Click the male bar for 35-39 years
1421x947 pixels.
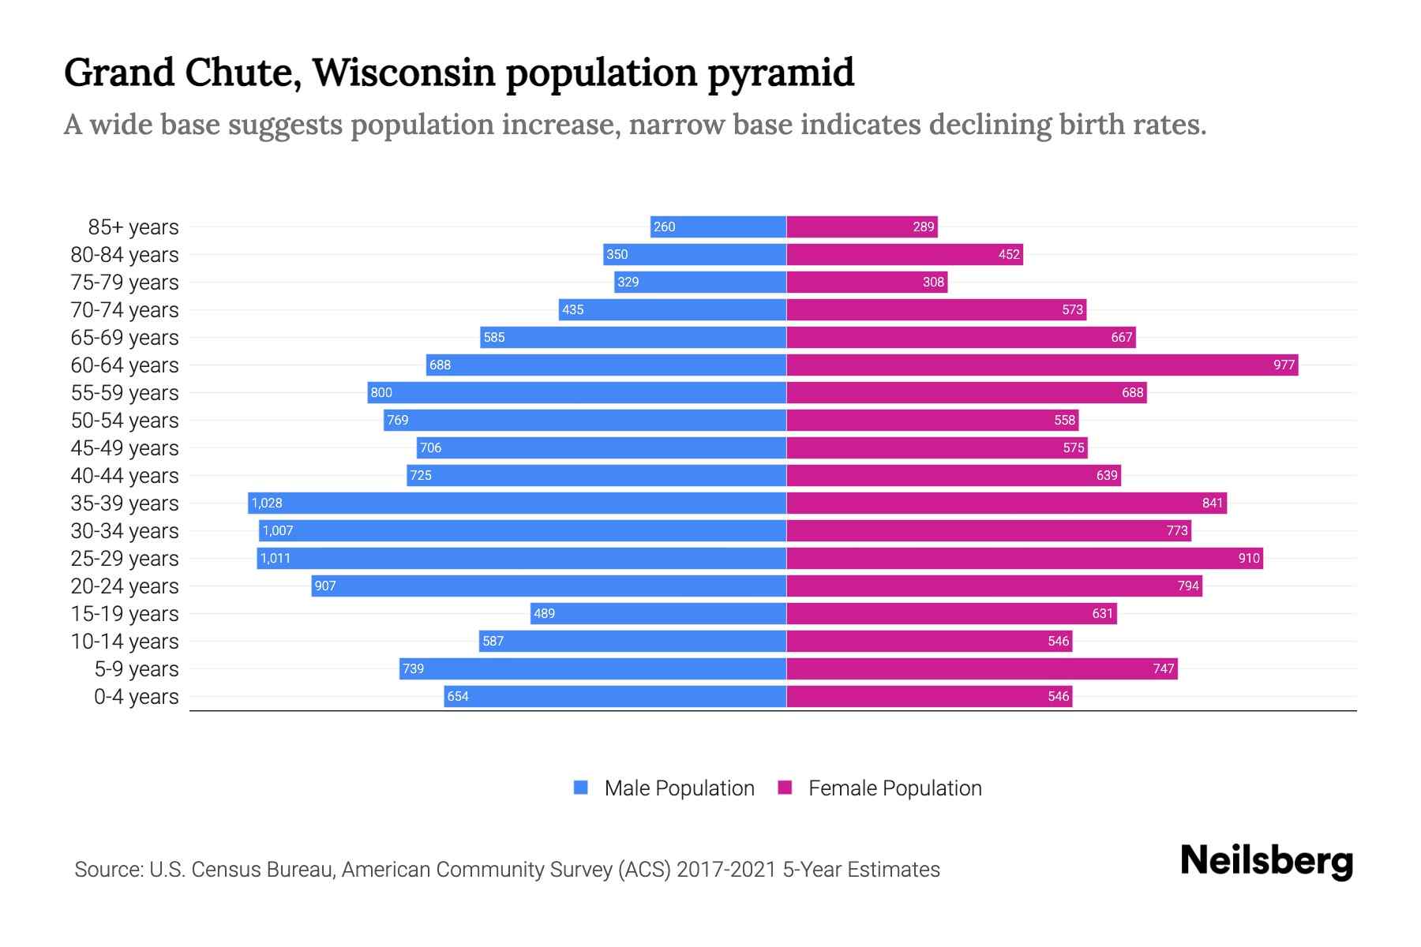point(517,503)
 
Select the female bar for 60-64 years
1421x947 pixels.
point(1042,365)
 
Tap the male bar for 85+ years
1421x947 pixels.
point(718,226)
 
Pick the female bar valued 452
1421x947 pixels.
point(905,254)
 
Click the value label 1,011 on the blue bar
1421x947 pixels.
point(276,558)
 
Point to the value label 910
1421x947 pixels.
point(1248,558)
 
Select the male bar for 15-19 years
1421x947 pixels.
point(658,613)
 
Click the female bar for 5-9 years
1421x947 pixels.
point(982,668)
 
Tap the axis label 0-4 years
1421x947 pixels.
point(136,697)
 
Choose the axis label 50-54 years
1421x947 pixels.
point(125,421)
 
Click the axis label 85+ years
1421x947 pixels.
point(133,227)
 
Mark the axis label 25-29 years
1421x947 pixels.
point(125,559)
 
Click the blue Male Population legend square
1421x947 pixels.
point(581,788)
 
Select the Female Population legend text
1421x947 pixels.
point(894,788)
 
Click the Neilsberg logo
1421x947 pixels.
point(1266,861)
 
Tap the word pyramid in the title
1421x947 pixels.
point(781,73)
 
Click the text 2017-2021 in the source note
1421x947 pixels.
point(726,870)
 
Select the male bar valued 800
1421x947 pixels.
point(576,392)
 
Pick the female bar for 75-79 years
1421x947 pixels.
point(867,282)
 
